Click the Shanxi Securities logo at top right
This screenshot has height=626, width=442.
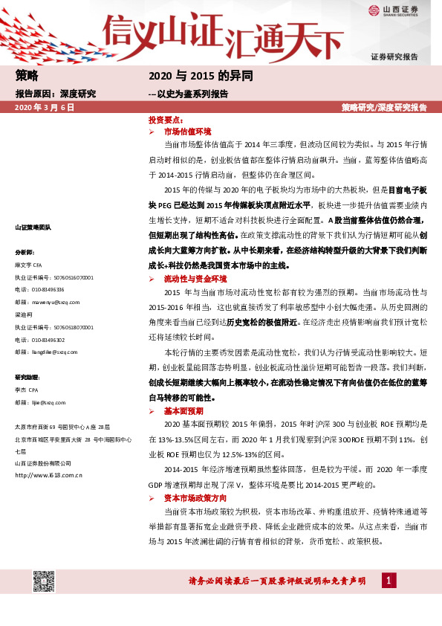394,10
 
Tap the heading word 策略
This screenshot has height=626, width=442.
26,76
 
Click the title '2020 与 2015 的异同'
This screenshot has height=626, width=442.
201,76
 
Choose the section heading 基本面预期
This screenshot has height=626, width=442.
183,410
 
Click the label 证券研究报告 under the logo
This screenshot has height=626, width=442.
394,57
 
